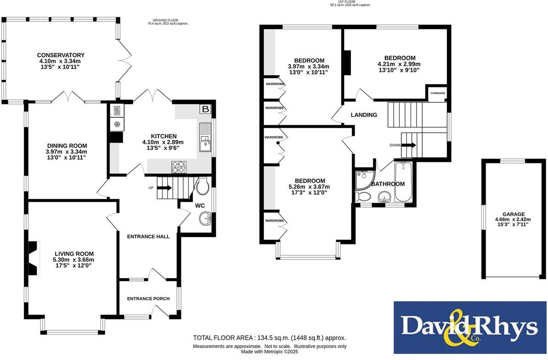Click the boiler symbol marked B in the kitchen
tap(205, 109)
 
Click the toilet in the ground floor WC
tap(203, 186)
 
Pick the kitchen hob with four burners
tap(179, 166)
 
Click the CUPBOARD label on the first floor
tap(437, 93)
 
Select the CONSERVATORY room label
tap(61, 55)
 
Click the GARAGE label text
tap(513, 214)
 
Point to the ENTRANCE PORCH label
tap(148, 299)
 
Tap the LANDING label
tap(364, 115)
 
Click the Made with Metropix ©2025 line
tap(269, 352)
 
